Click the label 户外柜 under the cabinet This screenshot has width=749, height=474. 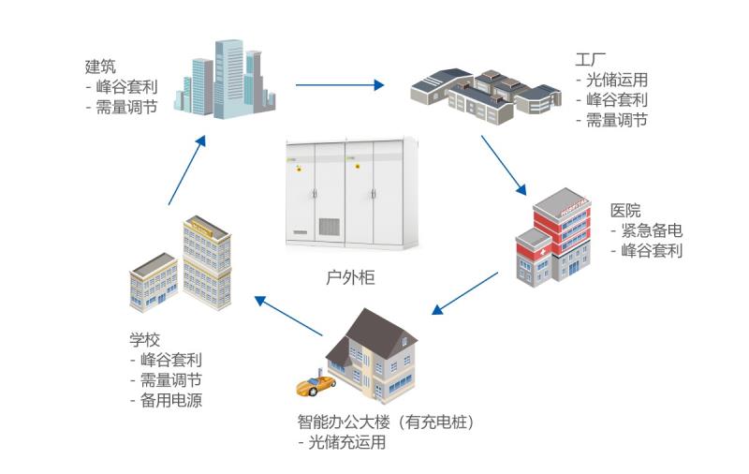[x=349, y=277]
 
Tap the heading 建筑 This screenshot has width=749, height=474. [x=100, y=67]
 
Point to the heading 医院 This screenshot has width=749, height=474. [x=625, y=210]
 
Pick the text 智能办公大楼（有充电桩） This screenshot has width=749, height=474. [x=386, y=422]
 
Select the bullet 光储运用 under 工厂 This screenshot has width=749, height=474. [x=616, y=81]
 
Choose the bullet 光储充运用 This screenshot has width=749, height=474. [x=345, y=442]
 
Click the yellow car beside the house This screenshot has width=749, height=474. [x=316, y=384]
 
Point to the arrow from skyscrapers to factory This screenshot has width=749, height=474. [x=340, y=85]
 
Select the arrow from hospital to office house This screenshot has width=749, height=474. [x=464, y=293]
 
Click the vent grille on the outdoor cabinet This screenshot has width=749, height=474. [x=330, y=227]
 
